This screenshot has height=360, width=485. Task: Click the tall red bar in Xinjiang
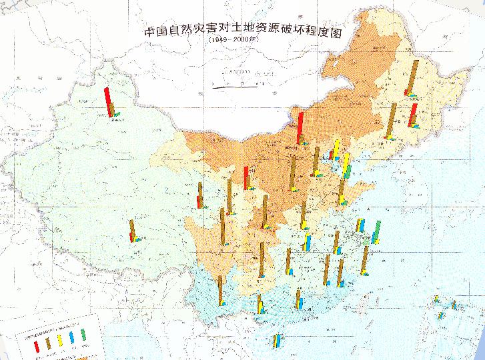(107, 102)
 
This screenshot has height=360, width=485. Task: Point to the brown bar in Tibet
(132, 230)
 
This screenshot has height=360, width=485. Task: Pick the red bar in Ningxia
(247, 178)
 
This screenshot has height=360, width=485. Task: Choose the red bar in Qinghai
(198, 201)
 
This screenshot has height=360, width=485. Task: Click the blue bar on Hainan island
(278, 341)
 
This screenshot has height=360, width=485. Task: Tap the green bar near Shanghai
(377, 231)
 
